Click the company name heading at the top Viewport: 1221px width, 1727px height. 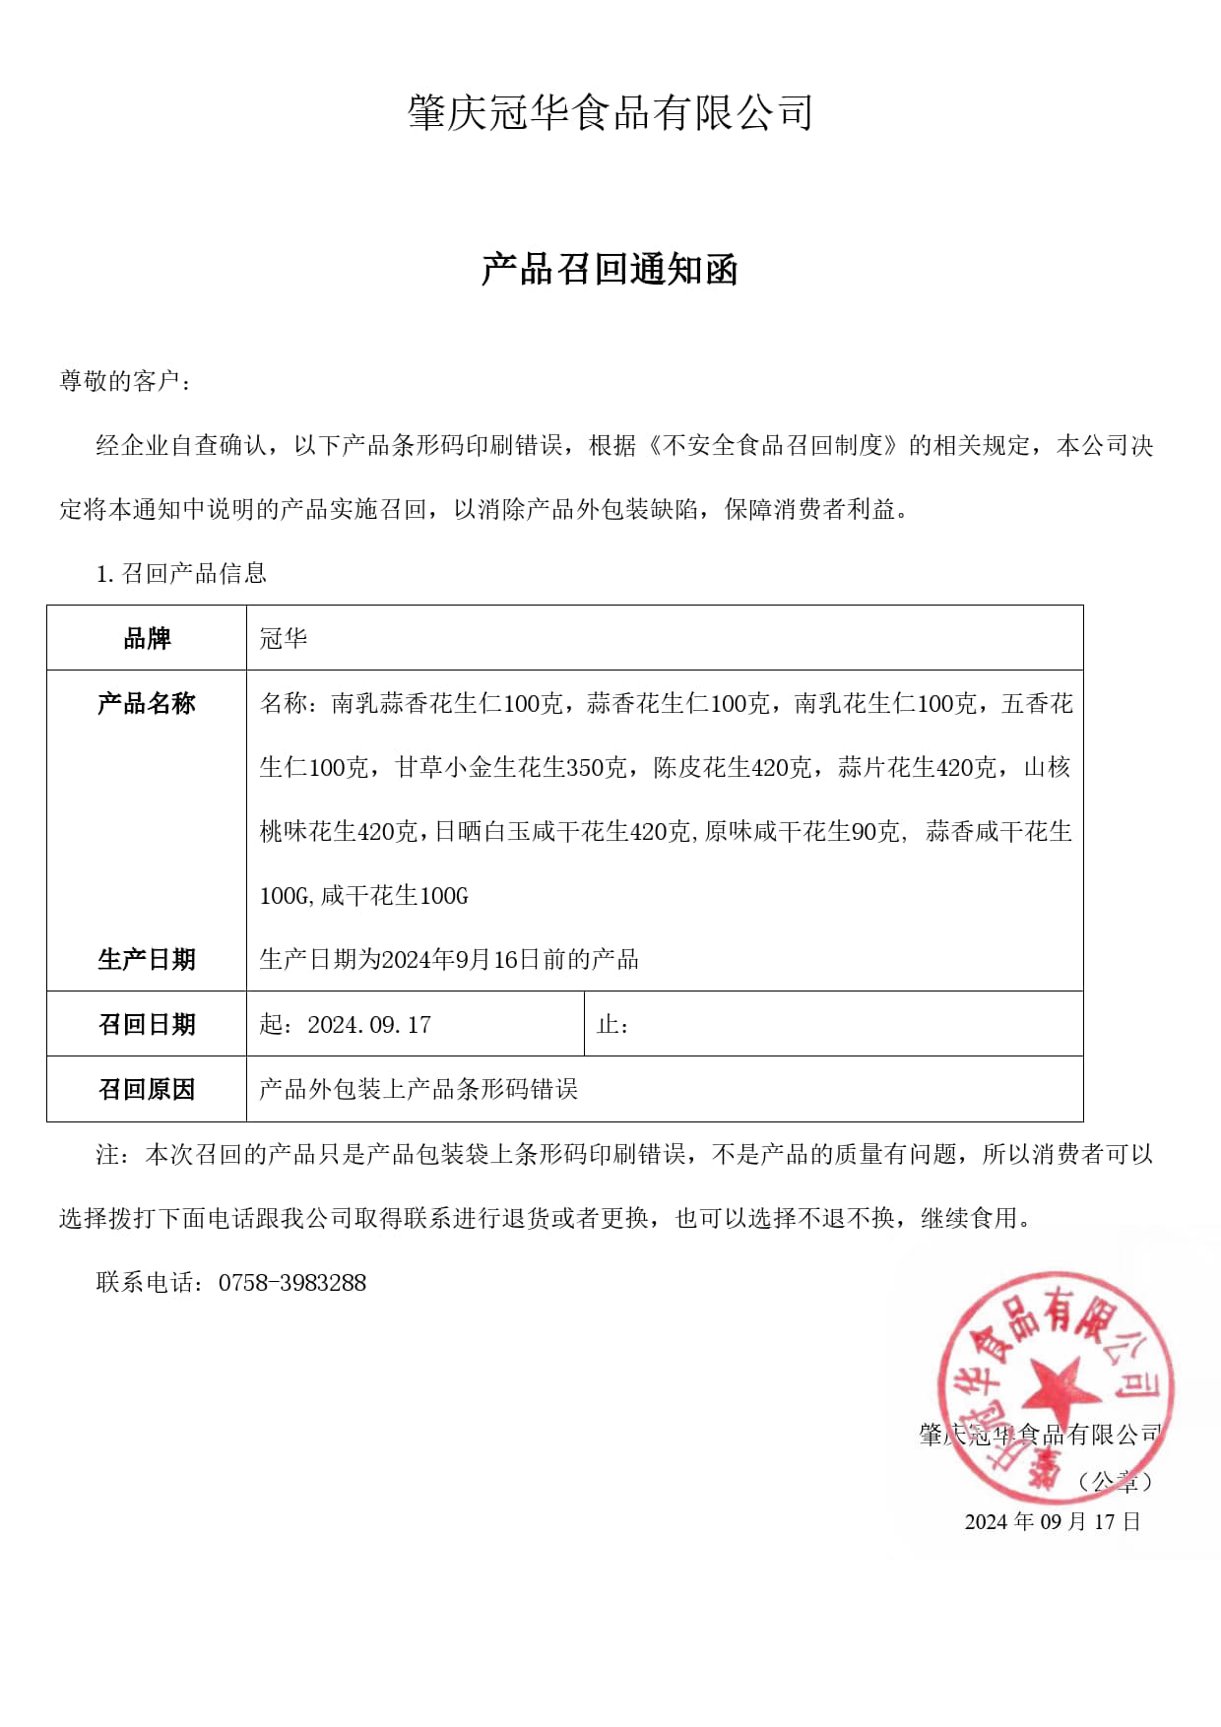[610, 113]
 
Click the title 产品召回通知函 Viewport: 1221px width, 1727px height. [610, 269]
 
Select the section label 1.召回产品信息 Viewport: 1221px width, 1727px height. [181, 573]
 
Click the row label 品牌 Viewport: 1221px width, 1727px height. [147, 639]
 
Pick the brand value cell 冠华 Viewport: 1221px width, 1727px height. [284, 639]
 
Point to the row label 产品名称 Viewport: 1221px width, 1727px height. [147, 704]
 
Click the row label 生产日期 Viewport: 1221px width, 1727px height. [147, 959]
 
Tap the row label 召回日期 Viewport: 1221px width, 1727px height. [147, 1025]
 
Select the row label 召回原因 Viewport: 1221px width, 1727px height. [147, 1090]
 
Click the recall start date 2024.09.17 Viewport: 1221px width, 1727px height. [368, 1025]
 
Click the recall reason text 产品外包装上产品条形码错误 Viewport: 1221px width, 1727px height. [418, 1090]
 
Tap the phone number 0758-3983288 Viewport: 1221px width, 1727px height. [292, 1283]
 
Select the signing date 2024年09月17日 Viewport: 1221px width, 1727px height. [1052, 1521]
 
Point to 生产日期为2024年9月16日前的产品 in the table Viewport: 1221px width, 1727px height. [449, 959]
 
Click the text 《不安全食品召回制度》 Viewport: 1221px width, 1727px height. [773, 446]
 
